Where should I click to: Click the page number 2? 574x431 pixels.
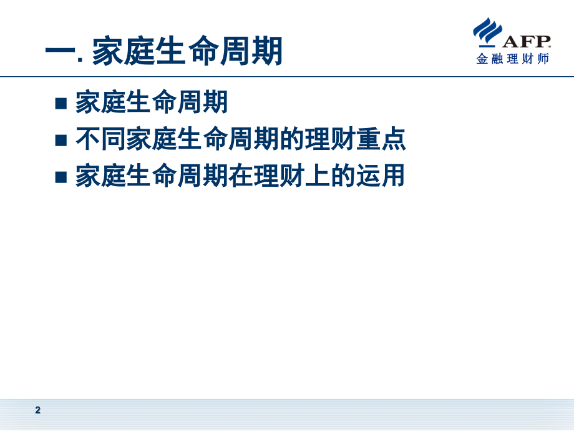[37, 410]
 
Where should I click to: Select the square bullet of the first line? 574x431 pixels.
[61, 103]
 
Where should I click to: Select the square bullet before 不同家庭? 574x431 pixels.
[61, 140]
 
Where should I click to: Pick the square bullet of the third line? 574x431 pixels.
[61, 177]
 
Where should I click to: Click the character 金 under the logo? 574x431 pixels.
[482, 60]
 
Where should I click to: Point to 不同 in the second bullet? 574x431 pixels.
[101, 139]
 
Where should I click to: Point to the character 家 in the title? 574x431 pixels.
[109, 51]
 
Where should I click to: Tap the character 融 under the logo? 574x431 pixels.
[497, 60]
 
